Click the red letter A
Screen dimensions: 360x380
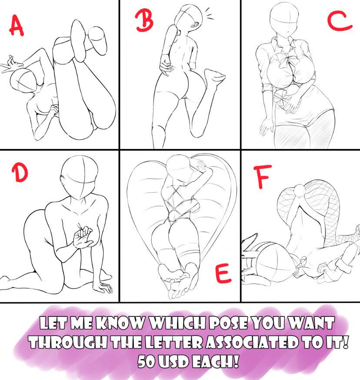[16, 25]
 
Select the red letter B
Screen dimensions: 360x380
[144, 20]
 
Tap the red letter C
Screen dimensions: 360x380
[340, 21]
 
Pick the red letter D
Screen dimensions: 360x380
[20, 172]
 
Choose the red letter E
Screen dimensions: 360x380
[223, 273]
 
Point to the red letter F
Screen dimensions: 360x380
[263, 176]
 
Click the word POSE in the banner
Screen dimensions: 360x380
[228, 323]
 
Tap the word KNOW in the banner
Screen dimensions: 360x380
[120, 323]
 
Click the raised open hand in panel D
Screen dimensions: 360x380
[83, 238]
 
